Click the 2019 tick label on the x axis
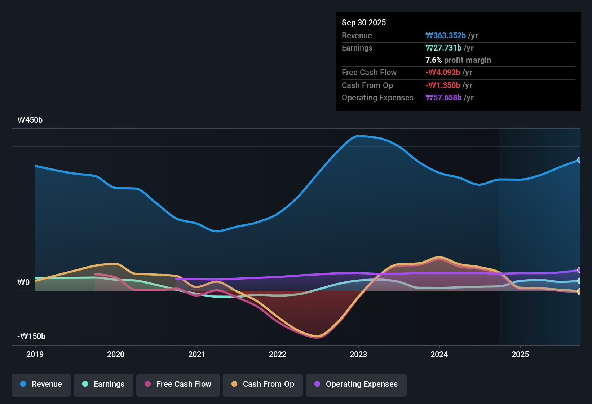[x=35, y=354]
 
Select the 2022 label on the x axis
[x=278, y=354]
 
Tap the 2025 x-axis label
[x=520, y=354]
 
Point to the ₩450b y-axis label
[x=30, y=120]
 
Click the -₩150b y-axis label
[x=31, y=337]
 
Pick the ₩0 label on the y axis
[x=23, y=282]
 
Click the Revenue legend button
[x=41, y=384]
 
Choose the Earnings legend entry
[x=103, y=384]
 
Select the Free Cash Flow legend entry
[x=178, y=384]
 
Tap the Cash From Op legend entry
[x=263, y=384]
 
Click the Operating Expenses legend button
[x=356, y=384]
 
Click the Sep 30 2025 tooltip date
[x=364, y=22]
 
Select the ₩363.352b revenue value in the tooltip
[x=446, y=35]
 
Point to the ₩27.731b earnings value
[x=443, y=48]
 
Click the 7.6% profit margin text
[x=458, y=60]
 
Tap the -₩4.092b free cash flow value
[x=443, y=73]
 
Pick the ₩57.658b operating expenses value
[x=443, y=98]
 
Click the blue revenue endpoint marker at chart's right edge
[x=579, y=160]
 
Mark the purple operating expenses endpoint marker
[x=579, y=270]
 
